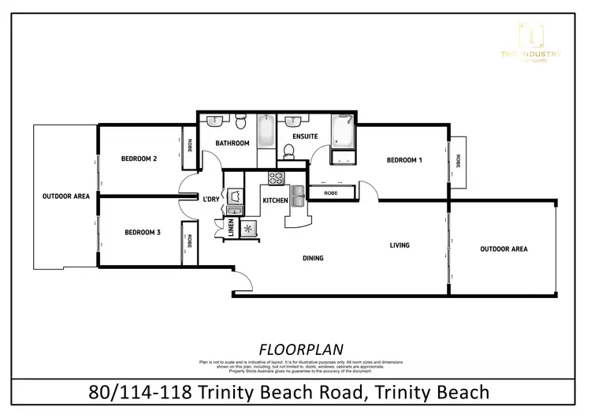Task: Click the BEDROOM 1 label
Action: click(x=404, y=160)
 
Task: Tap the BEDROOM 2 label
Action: click(x=139, y=159)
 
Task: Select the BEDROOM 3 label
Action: click(x=143, y=232)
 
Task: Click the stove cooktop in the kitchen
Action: click(x=276, y=178)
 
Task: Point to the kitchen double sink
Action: click(x=299, y=196)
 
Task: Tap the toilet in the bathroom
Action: click(x=240, y=122)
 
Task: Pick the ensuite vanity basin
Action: click(x=294, y=121)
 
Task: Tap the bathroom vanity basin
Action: click(x=214, y=121)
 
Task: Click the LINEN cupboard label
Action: click(x=231, y=228)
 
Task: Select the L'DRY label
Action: click(x=211, y=199)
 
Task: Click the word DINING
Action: click(x=314, y=258)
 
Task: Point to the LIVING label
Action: click(x=400, y=245)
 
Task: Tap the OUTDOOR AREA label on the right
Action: click(x=504, y=249)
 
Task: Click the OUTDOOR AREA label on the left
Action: click(x=65, y=196)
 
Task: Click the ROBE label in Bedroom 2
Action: click(x=190, y=147)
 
